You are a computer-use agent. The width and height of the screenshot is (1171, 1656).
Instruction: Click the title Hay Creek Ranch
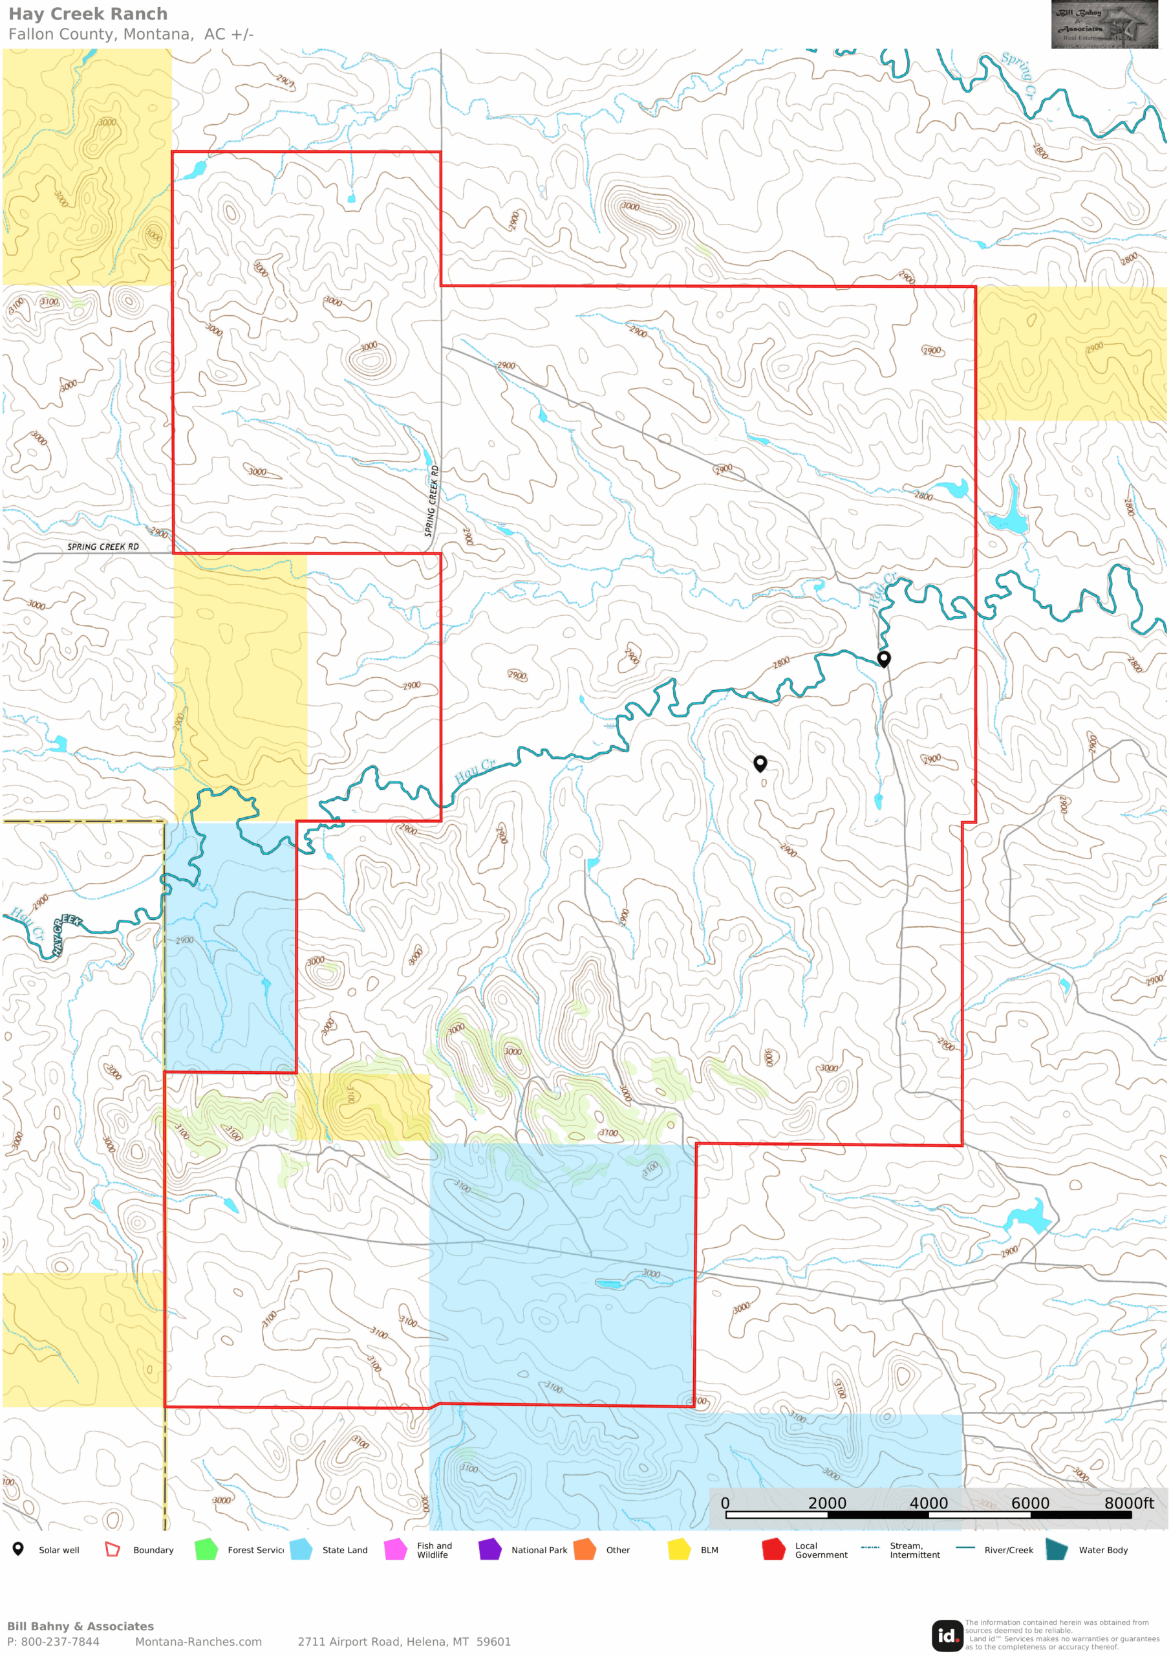pyautogui.click(x=88, y=14)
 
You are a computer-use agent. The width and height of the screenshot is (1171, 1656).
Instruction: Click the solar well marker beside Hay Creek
pyautogui.click(x=883, y=658)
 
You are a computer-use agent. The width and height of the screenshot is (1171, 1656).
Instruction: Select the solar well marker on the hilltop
pyautogui.click(x=759, y=763)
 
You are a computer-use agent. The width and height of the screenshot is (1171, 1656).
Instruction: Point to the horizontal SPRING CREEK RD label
pyautogui.click(x=103, y=547)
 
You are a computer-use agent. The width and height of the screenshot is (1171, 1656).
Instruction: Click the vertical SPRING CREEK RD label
pyautogui.click(x=431, y=501)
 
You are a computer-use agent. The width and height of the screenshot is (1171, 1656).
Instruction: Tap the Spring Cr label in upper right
pyautogui.click(x=1019, y=74)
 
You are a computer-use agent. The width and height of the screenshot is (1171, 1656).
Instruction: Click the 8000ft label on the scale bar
pyautogui.click(x=1128, y=1503)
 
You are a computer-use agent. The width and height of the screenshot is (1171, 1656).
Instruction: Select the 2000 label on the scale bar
pyautogui.click(x=826, y=1503)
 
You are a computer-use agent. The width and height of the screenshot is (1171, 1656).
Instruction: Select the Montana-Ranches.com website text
pyautogui.click(x=199, y=1642)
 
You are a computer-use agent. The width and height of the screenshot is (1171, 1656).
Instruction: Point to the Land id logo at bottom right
pyautogui.click(x=947, y=1635)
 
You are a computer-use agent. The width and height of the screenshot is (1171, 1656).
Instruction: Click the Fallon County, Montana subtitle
pyautogui.click(x=131, y=34)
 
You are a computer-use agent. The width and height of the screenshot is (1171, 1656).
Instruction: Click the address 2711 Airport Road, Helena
pyautogui.click(x=403, y=1642)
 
